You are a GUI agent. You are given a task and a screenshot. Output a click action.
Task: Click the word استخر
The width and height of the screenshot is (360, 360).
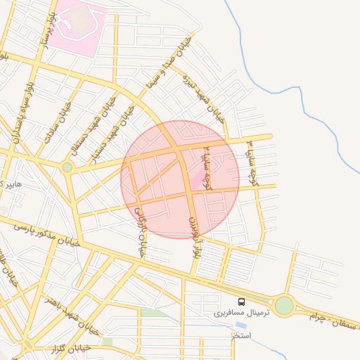pos(242,336)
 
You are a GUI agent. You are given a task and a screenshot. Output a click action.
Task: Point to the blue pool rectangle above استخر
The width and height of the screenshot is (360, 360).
pos(241,326)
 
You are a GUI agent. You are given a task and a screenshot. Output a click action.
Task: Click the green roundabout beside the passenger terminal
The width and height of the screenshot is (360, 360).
pos(283,306)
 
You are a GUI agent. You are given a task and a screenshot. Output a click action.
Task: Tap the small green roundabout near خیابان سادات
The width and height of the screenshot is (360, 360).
pos(67,167)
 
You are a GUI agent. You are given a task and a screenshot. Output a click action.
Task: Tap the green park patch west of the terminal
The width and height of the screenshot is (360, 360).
pos(150,311)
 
